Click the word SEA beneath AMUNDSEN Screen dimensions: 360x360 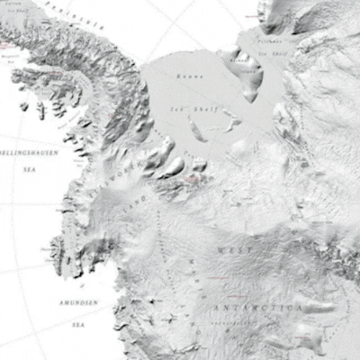pyautogui.click(x=78, y=324)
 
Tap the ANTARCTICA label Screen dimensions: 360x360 pyautogui.click(x=256, y=309)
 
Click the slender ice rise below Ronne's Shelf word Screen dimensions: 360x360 pyautogui.click(x=196, y=130)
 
